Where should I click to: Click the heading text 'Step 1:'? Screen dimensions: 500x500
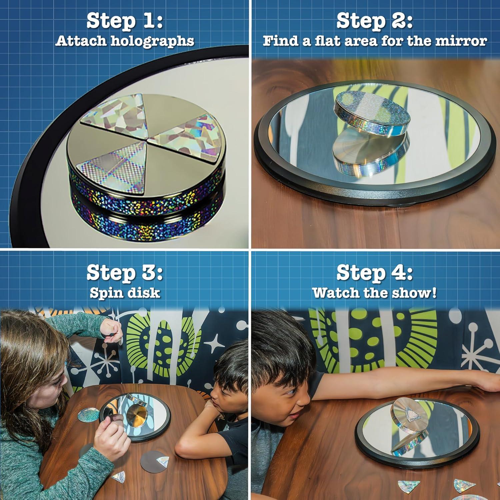[x=125, y=21]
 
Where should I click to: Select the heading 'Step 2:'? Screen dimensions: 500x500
[x=375, y=21]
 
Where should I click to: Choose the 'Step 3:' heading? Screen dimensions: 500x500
[x=125, y=273]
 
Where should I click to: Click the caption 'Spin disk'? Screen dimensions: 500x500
[x=125, y=293]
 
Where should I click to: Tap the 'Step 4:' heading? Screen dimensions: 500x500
[x=375, y=273]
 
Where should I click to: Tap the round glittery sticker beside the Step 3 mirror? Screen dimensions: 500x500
[x=88, y=414]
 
